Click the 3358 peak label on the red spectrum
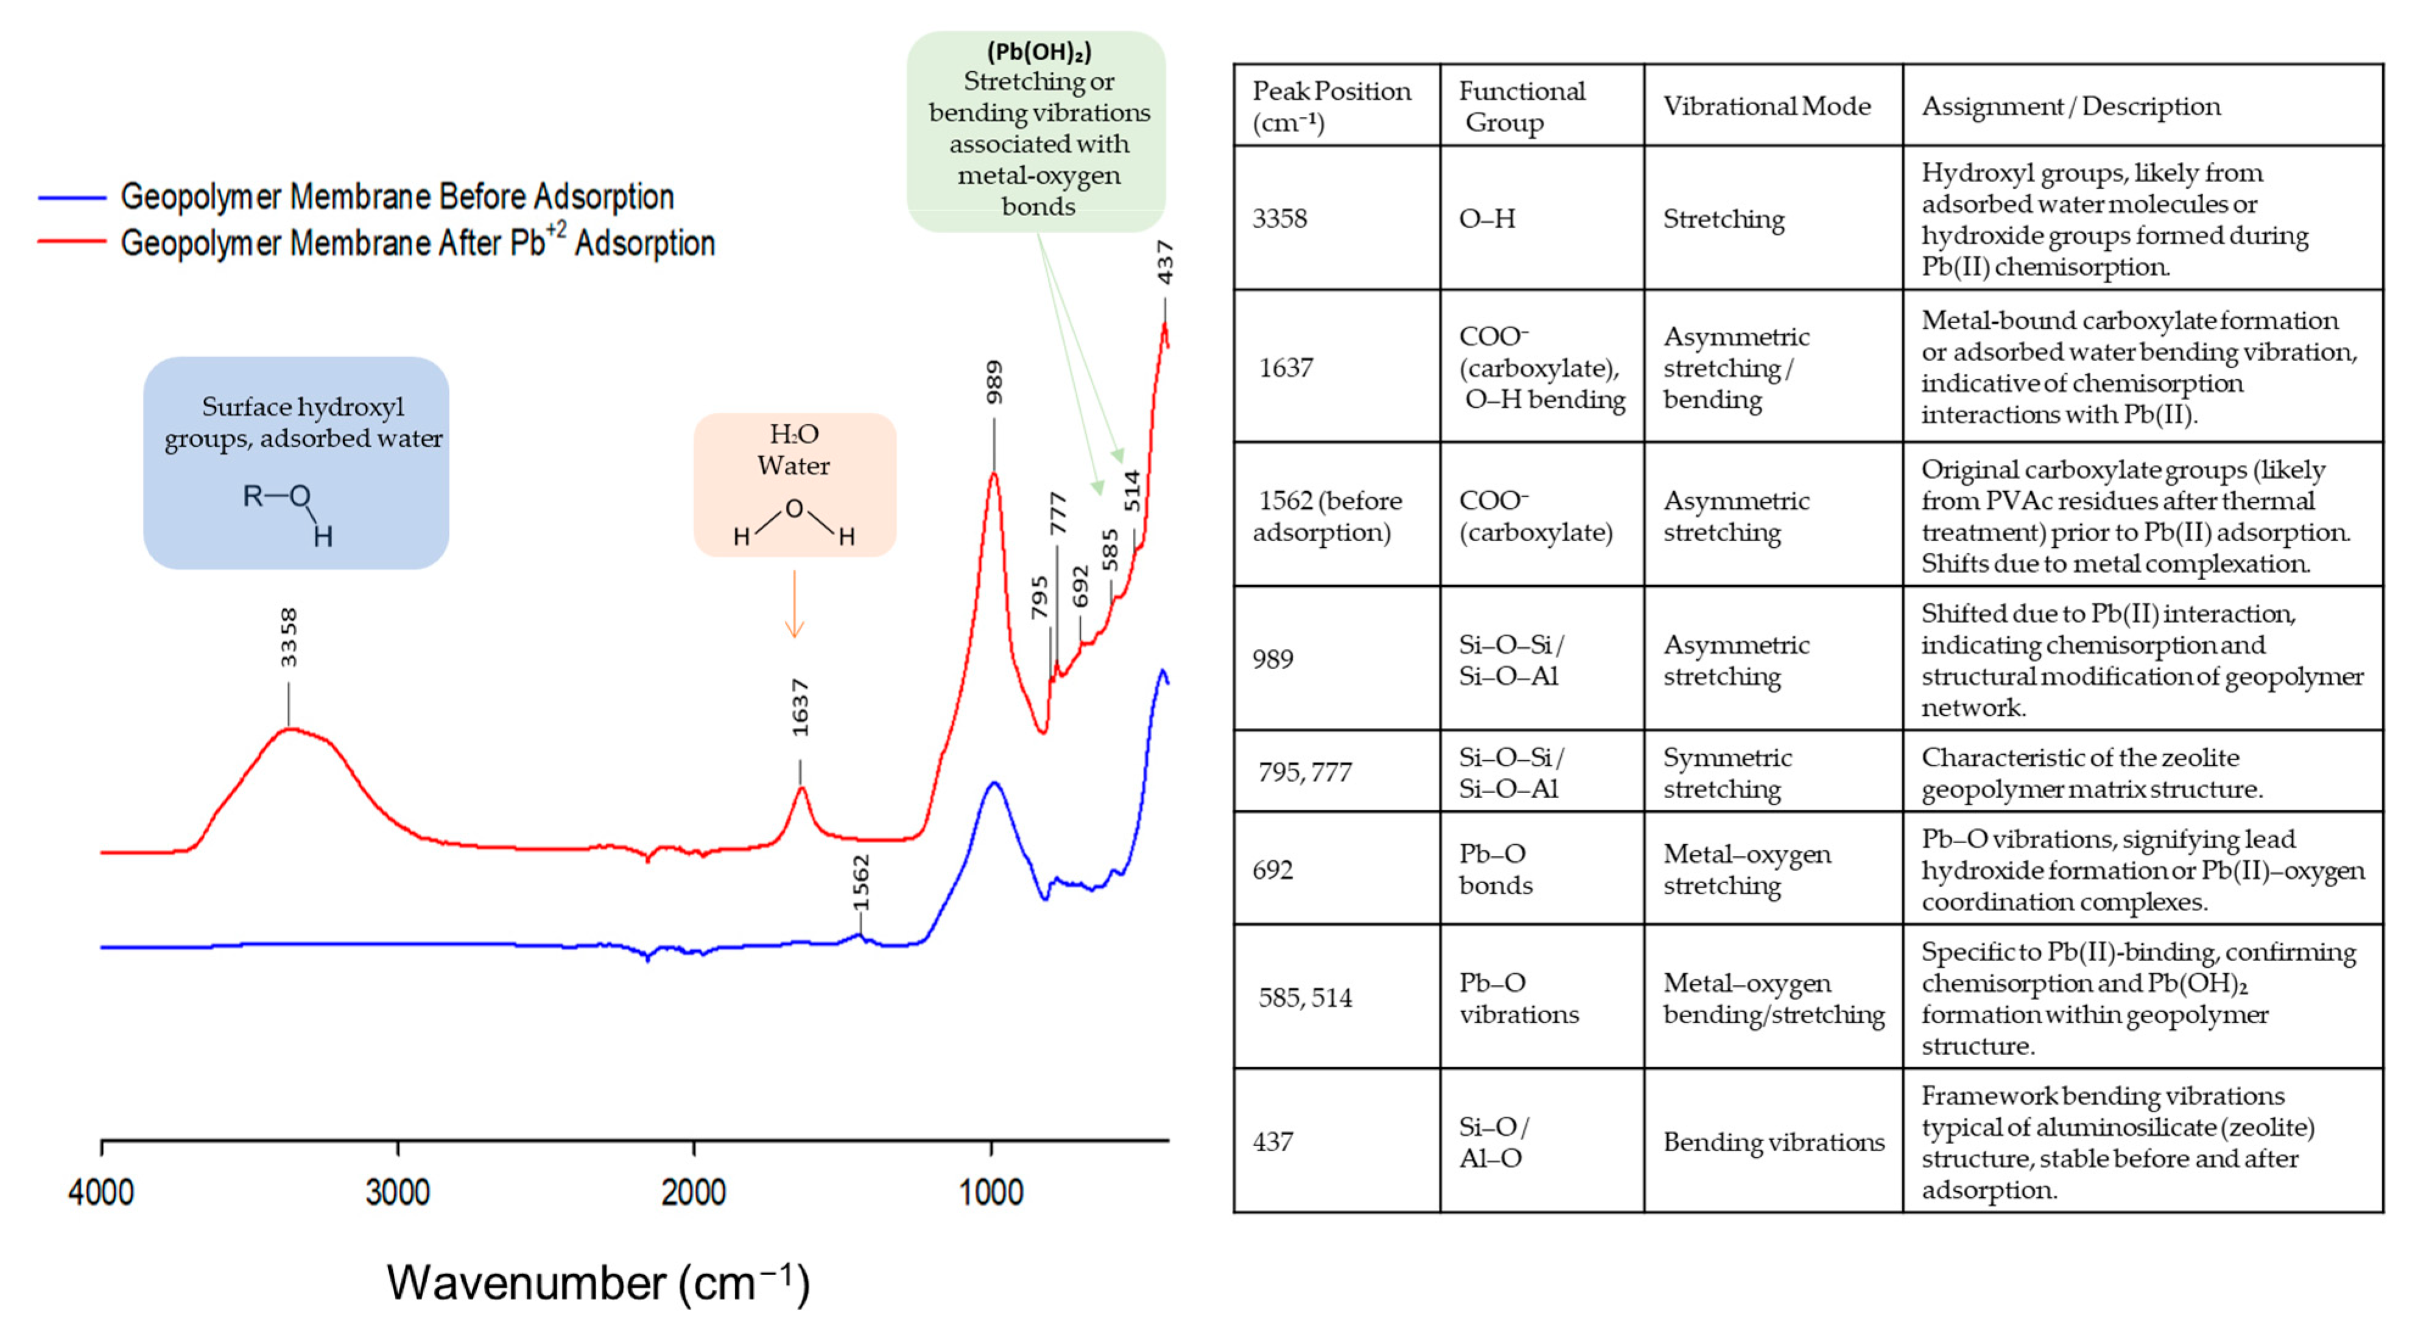(289, 637)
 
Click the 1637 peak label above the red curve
(800, 707)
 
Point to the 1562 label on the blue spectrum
(860, 883)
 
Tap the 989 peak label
(994, 383)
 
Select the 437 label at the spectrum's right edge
(1165, 262)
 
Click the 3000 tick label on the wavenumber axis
(397, 1192)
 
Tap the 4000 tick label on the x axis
(101, 1192)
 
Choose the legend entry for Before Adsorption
(396, 197)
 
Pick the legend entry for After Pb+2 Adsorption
(417, 242)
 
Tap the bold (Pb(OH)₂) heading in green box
(1039, 51)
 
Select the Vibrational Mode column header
(1766, 105)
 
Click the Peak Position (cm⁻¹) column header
(1331, 105)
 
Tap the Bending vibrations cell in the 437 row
(1773, 1142)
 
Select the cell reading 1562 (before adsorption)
(1327, 516)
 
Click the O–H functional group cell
(1487, 219)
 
